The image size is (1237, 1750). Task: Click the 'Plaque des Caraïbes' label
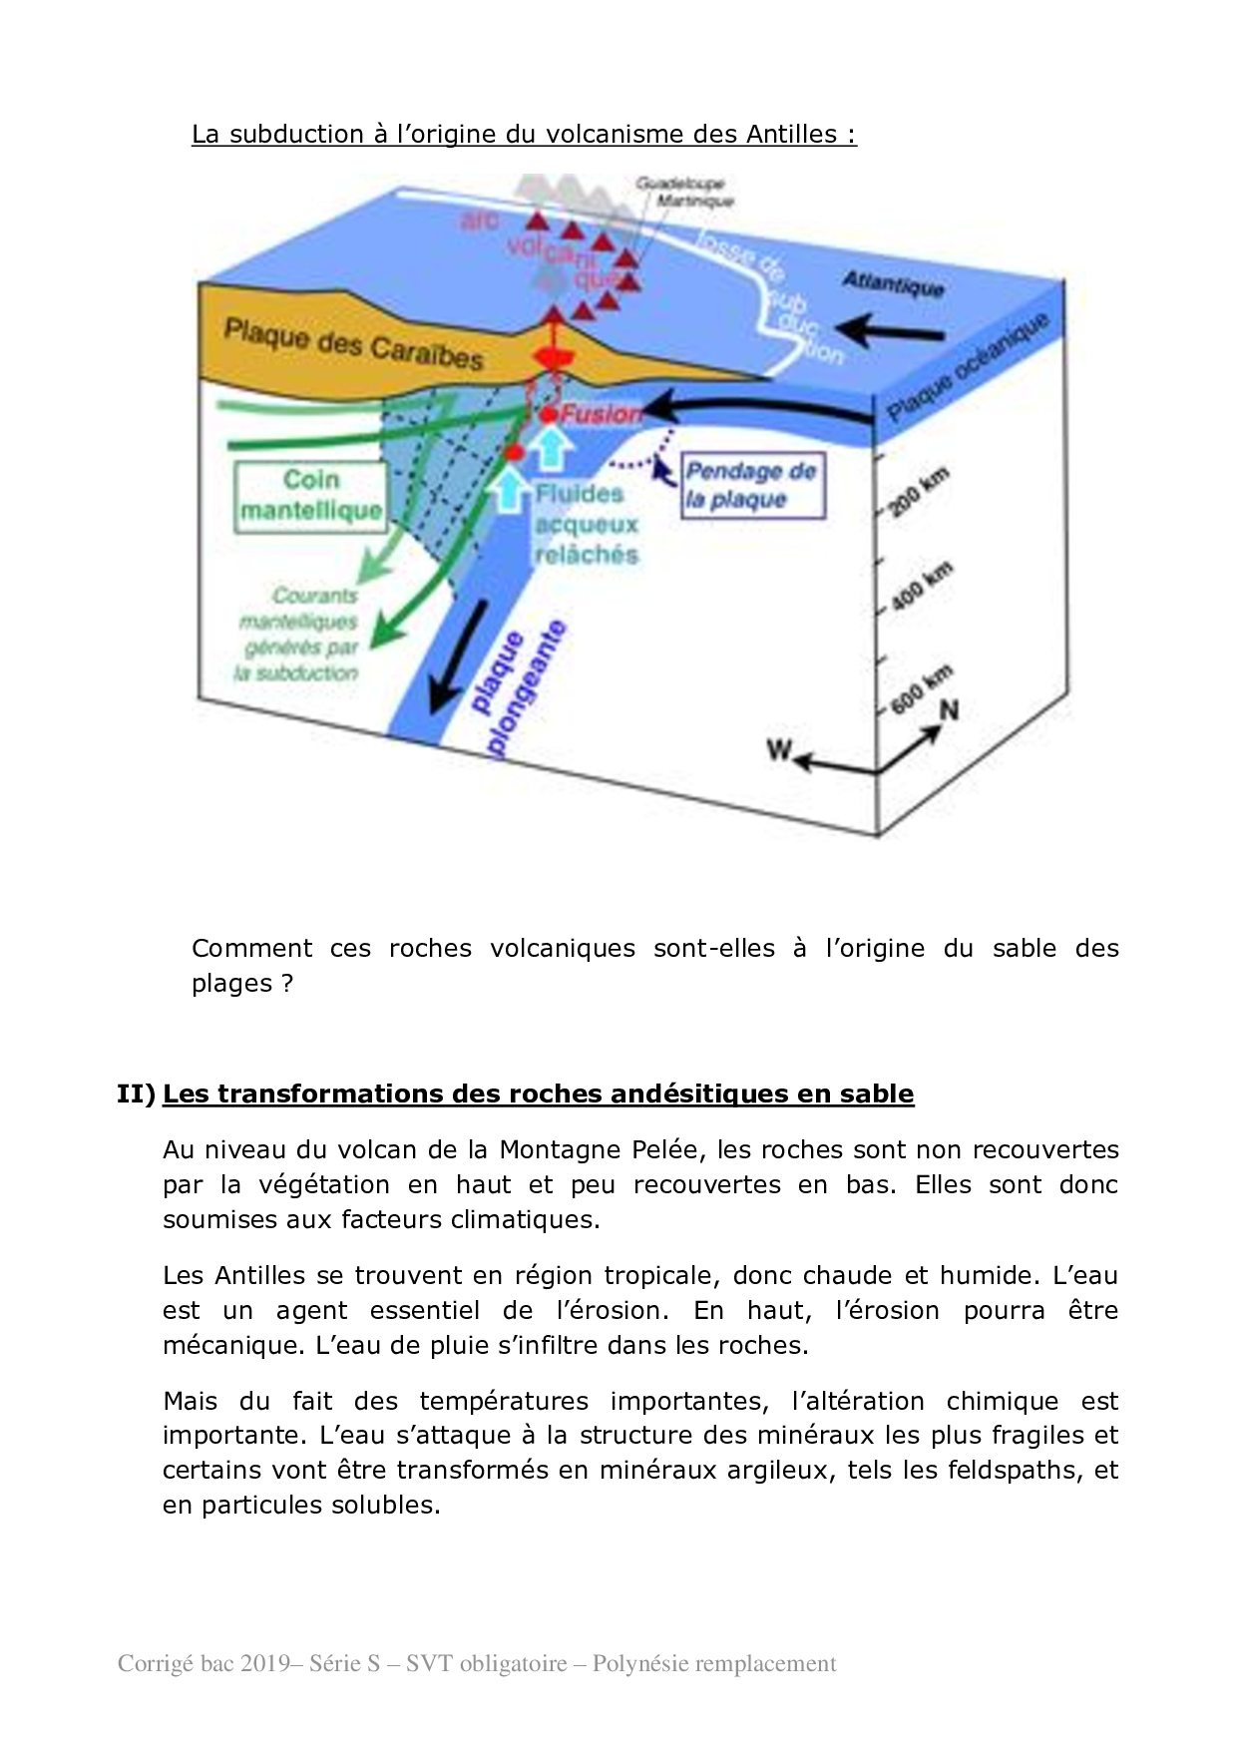353,343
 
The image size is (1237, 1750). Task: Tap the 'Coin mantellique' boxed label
311,496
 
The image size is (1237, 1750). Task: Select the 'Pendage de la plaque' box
752,486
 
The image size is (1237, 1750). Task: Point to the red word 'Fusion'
600,413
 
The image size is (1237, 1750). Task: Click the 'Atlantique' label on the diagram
893,284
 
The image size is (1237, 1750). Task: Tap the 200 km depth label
918,493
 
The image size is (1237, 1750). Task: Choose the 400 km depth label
921,587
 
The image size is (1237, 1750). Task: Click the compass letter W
779,749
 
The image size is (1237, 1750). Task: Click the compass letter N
950,709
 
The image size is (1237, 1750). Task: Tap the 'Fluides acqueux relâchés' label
586,524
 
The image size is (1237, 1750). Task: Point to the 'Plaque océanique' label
967,367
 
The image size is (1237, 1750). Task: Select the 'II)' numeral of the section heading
136,1094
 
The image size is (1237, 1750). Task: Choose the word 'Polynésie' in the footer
635,1664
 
